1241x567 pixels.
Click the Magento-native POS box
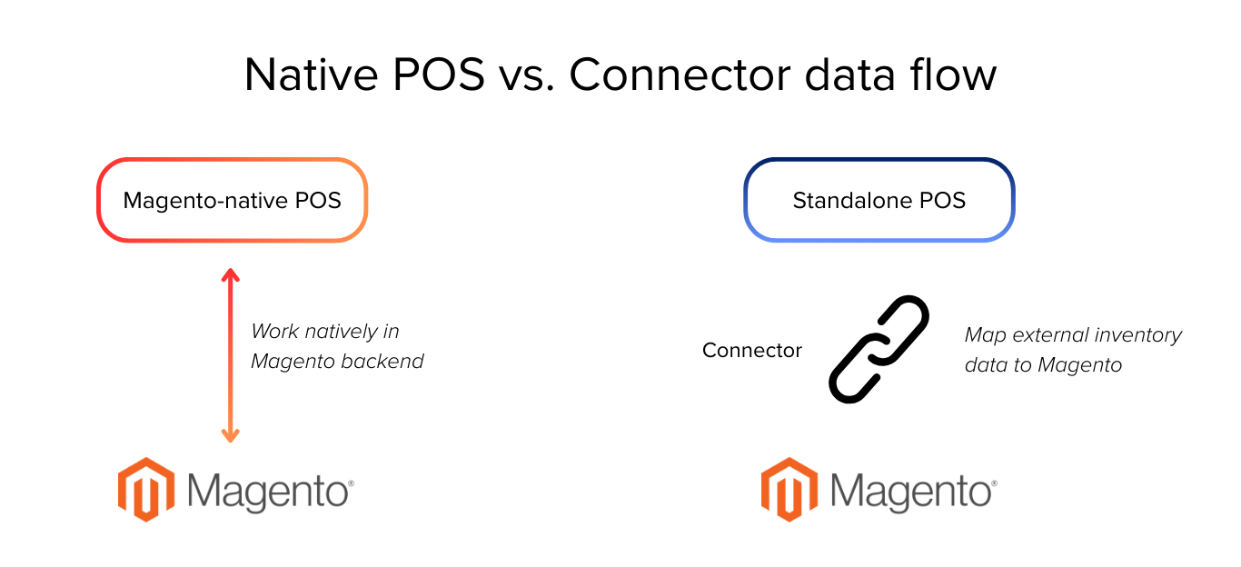pos(232,200)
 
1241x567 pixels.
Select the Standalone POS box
pos(879,200)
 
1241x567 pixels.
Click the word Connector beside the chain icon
pos(751,350)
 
